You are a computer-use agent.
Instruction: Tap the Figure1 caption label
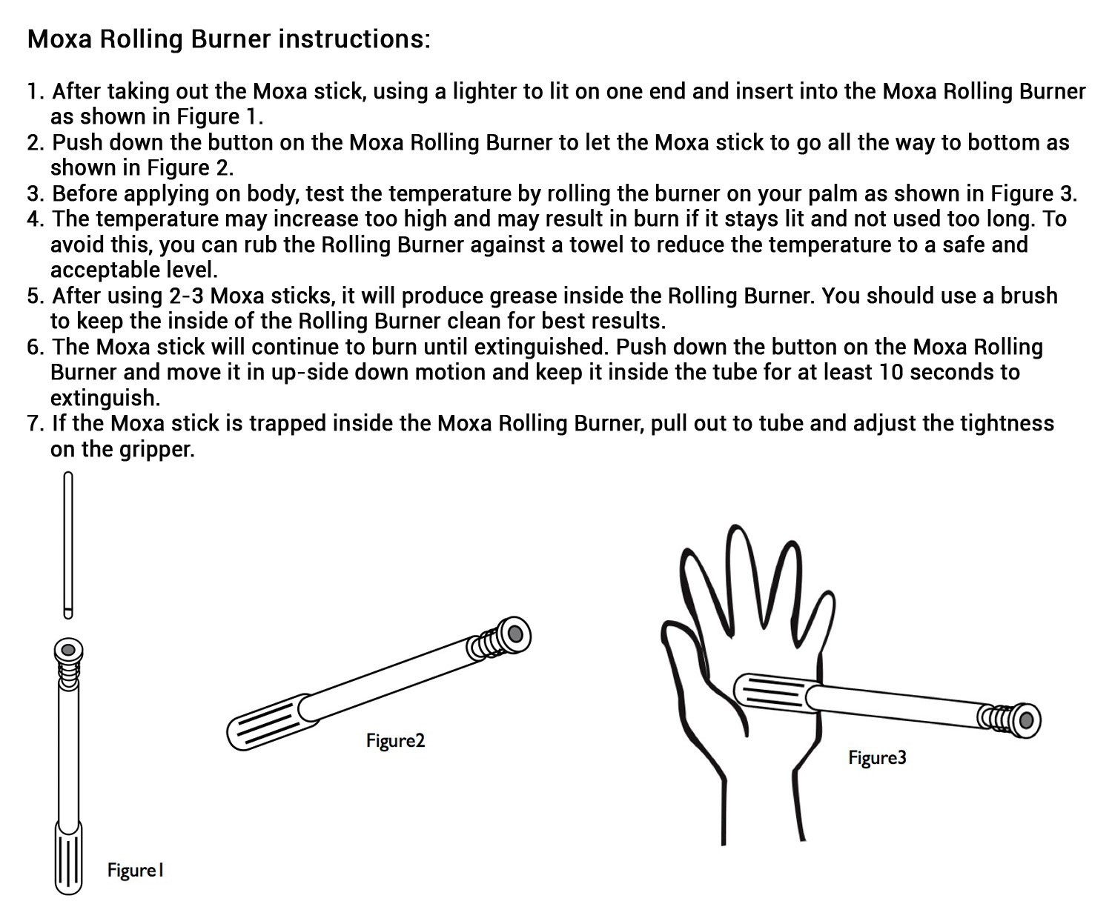tap(135, 870)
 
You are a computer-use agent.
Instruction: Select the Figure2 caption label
tap(395, 741)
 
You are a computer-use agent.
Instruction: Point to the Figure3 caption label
tap(877, 758)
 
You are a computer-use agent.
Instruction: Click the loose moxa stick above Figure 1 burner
tap(68, 545)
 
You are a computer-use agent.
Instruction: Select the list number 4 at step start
tap(34, 219)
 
